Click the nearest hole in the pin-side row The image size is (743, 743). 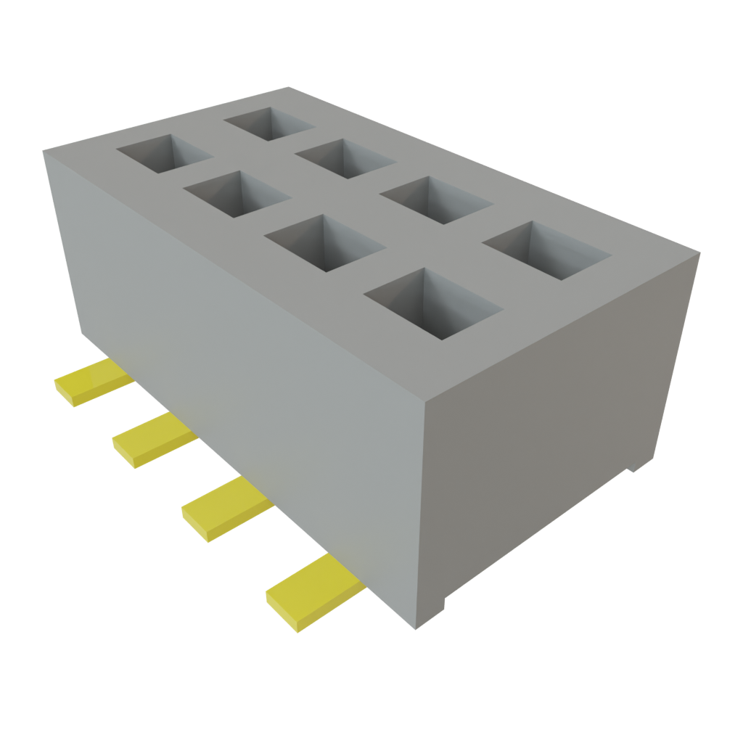tap(432, 305)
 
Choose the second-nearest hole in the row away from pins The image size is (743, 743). tap(436, 200)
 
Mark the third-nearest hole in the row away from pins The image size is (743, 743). tap(344, 157)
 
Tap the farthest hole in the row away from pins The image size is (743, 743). tap(268, 123)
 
